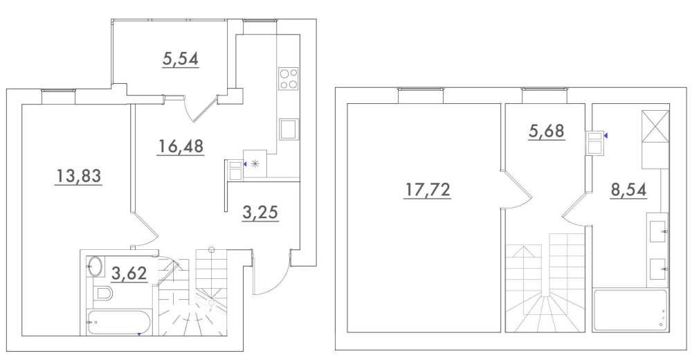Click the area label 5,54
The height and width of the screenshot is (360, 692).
pos(180,59)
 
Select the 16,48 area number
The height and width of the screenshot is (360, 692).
pos(180,146)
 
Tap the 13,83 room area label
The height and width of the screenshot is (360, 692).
pos(78,176)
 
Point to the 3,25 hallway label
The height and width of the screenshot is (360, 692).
pos(260,213)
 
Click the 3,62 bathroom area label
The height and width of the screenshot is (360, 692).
pos(129,273)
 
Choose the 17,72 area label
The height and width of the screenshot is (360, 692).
pos(427,190)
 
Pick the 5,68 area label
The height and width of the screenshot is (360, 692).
pos(547,131)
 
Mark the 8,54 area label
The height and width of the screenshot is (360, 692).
pos(628,190)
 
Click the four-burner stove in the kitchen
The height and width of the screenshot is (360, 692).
pos(289,79)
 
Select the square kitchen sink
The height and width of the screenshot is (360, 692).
pos(289,129)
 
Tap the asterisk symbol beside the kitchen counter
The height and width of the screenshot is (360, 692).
pos(255,164)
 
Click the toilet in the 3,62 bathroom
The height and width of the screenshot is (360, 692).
pos(103,292)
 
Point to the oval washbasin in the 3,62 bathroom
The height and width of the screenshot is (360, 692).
pos(95,267)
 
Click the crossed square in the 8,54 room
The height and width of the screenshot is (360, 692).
pos(655,126)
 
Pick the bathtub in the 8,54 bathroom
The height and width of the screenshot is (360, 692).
pos(630,310)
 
